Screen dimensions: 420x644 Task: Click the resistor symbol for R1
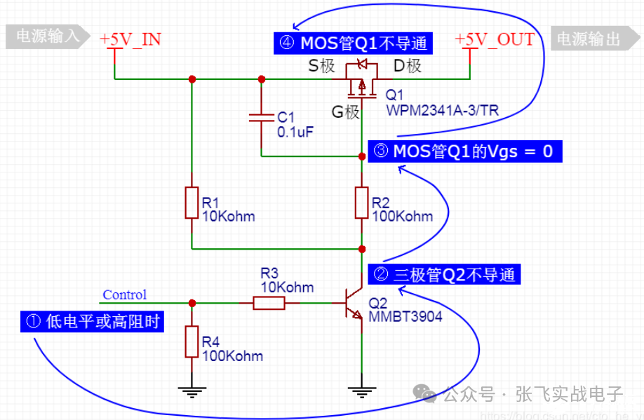[192, 203]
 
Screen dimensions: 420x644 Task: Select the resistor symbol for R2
[362, 203]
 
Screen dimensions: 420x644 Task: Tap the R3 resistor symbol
[269, 303]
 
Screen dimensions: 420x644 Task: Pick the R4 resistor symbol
[192, 342]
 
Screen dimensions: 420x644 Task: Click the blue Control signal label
[125, 295]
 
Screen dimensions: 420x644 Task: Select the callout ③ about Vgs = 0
[464, 151]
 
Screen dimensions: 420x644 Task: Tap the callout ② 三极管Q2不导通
[445, 274]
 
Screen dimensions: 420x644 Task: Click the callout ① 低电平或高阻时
[93, 323]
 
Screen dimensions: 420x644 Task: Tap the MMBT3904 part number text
[405, 317]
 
